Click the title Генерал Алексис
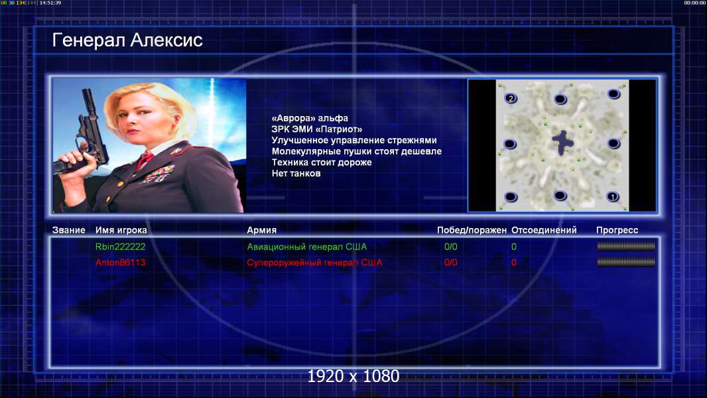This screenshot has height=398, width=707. pos(127,40)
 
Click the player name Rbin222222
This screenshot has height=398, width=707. pos(121,247)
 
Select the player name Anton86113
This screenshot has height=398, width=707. pos(121,262)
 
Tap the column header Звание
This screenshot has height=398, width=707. pos(68,230)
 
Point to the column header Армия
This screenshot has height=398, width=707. pos(261,230)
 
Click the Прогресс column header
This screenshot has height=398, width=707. pos(617,230)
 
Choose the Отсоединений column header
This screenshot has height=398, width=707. pos(544,230)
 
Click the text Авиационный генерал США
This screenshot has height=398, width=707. pos(306,247)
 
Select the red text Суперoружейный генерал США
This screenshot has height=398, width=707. pos(314,262)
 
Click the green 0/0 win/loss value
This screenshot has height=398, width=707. pos(450,247)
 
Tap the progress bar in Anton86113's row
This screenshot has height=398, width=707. pos(626,262)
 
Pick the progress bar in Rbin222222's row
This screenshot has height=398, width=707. pos(626,246)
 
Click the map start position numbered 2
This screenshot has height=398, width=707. pos(511,98)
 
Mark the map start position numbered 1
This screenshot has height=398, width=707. pos(612,196)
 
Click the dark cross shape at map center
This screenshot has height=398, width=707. pos(562,143)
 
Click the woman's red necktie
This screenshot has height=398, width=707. pos(145,160)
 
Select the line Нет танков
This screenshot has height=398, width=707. pos(296,174)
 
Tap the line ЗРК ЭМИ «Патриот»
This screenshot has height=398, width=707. pos(316,129)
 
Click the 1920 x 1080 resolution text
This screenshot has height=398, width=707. pos(353,376)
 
